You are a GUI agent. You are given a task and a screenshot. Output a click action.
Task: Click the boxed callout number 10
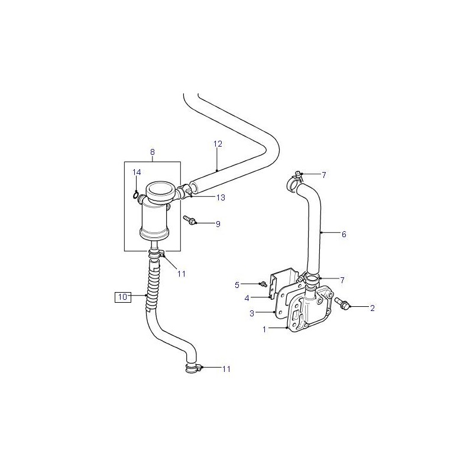pyautogui.click(x=123, y=297)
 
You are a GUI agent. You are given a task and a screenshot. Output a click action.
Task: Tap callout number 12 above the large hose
pyautogui.click(x=218, y=144)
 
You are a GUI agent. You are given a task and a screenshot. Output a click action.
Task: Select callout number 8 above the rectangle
pyautogui.click(x=153, y=153)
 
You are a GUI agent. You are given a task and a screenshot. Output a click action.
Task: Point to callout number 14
pyautogui.click(x=137, y=172)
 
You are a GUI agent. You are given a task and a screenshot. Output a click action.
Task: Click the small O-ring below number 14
pyautogui.click(x=135, y=196)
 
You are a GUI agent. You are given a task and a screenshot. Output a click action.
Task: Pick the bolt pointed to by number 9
pyautogui.click(x=189, y=219)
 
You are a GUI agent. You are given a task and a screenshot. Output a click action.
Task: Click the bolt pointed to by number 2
pyautogui.click(x=342, y=303)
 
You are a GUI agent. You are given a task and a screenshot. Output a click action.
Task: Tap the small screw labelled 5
pyautogui.click(x=264, y=284)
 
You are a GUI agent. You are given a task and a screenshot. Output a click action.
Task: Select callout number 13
pyautogui.click(x=221, y=197)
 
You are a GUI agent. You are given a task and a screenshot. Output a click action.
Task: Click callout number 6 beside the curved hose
pyautogui.click(x=344, y=234)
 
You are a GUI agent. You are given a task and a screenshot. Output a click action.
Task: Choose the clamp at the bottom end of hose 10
pyautogui.click(x=193, y=368)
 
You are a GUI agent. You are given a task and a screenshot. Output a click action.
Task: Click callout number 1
pyautogui.click(x=264, y=330)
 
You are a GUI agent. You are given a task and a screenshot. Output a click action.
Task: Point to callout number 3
pyautogui.click(x=252, y=313)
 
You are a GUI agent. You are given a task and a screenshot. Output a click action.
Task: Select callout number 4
pyautogui.click(x=247, y=299)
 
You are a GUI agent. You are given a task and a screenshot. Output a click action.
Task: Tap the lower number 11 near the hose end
pyautogui.click(x=226, y=369)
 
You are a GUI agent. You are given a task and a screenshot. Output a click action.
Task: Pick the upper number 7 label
pyautogui.click(x=324, y=175)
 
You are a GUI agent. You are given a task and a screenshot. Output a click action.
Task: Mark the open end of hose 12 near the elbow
pyautogui.click(x=194, y=187)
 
